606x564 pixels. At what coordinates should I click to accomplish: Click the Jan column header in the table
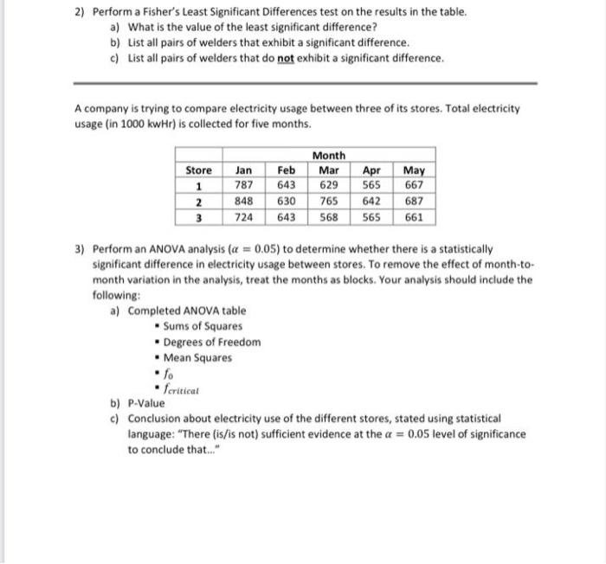point(244,170)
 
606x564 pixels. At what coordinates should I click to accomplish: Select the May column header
point(414,170)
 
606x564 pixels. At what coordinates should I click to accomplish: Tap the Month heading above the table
point(329,155)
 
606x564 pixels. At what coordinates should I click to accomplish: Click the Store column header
point(199,170)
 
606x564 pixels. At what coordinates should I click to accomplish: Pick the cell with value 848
point(244,202)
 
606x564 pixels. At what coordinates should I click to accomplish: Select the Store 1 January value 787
point(244,185)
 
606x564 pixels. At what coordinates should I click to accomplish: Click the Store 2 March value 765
point(329,202)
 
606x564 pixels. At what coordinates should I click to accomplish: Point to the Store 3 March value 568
point(329,217)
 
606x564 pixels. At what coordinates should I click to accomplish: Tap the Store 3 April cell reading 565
point(371,217)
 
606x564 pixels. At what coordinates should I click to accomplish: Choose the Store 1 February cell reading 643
point(287,185)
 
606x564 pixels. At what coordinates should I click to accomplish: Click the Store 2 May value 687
point(414,202)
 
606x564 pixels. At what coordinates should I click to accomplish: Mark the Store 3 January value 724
point(244,217)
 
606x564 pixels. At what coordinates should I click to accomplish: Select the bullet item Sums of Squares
point(203,326)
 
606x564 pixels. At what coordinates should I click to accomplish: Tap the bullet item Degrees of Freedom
point(211,342)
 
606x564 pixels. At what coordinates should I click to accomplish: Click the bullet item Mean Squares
point(197,357)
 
